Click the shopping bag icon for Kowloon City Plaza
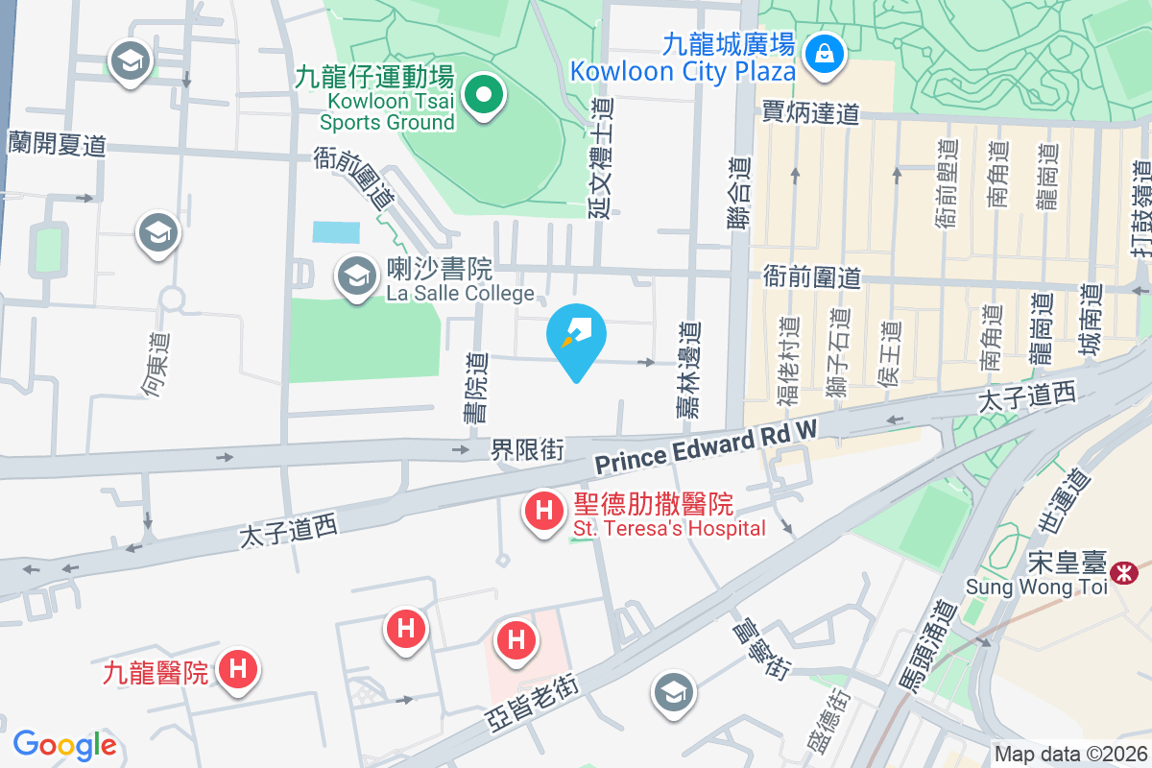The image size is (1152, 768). point(824,54)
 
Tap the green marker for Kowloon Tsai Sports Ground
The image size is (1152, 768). point(485,96)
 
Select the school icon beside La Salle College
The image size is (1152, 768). point(357,277)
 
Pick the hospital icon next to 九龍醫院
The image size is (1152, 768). point(237,669)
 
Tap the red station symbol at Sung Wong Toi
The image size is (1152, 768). point(1121,573)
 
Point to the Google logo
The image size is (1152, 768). point(64,745)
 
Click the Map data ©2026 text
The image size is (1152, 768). point(1070,755)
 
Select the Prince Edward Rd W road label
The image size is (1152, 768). point(705,448)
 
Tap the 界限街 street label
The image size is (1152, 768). point(527,447)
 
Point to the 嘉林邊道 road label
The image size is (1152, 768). point(686,369)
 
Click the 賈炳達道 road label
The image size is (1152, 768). point(810,114)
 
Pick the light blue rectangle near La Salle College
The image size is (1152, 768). point(336,231)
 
